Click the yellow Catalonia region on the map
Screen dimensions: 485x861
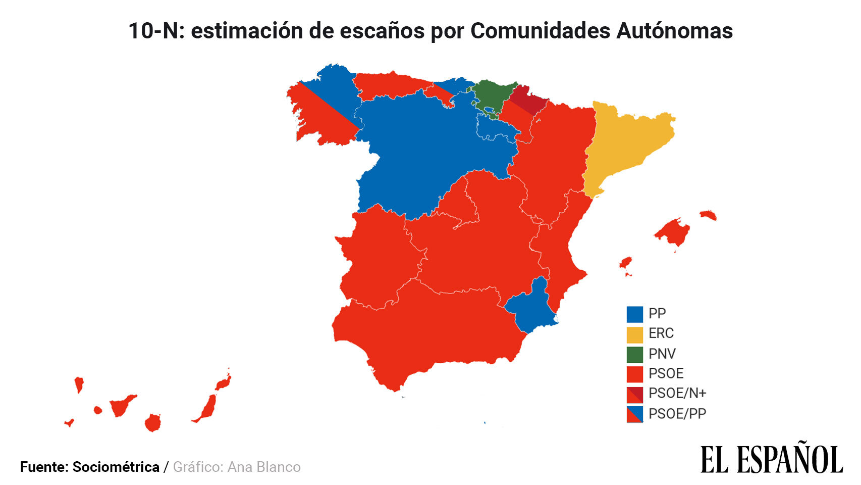(626, 147)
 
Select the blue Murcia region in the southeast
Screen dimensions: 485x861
(530, 308)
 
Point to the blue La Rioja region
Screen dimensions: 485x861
(497, 128)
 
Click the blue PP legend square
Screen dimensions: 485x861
(634, 314)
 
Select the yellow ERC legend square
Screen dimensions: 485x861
(634, 334)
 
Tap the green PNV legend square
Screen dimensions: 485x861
(634, 354)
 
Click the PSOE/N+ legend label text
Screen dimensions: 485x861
(677, 393)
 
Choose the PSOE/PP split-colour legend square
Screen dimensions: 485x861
(634, 414)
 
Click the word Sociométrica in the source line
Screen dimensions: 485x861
(116, 467)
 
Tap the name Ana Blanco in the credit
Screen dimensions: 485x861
(264, 467)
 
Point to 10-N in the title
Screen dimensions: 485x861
(153, 31)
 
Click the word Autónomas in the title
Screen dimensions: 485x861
(674, 31)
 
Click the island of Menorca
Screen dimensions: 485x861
(708, 215)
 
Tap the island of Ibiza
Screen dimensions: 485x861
(626, 263)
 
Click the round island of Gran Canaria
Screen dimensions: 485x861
(152, 422)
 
